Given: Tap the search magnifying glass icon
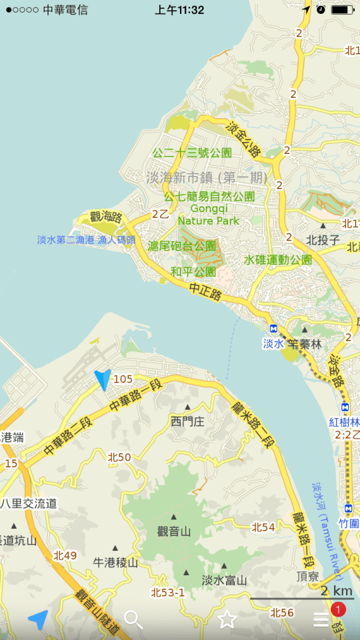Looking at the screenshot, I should [133, 619].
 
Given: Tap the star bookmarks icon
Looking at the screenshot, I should [227, 619].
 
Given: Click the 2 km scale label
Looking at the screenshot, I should [336, 591].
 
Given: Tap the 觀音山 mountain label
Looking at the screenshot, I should [174, 531].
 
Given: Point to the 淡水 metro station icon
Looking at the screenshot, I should [273, 329].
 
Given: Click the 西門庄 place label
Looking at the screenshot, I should [187, 421].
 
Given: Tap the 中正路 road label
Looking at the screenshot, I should [205, 291].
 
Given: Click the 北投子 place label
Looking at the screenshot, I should [323, 240].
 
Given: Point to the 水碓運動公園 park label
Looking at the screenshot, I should [277, 260].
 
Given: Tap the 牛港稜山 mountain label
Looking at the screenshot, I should [115, 563].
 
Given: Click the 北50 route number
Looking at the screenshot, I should [119, 457].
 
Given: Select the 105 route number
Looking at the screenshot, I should [123, 379].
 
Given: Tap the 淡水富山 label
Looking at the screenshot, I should [225, 580].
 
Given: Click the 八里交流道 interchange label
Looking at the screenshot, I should [28, 503].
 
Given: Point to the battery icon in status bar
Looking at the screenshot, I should [343, 10].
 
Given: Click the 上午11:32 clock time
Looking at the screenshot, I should [179, 10].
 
